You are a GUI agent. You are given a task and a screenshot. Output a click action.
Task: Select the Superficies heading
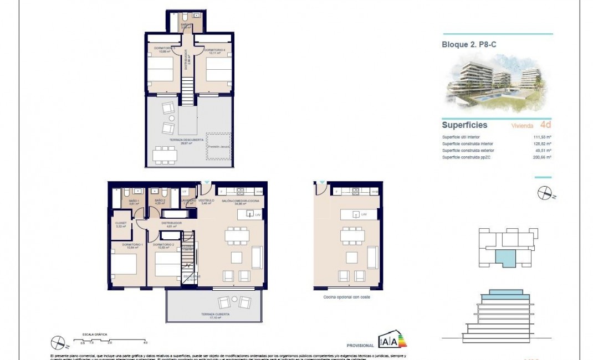(464, 125)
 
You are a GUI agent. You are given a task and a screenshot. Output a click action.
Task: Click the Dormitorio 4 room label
(214, 50)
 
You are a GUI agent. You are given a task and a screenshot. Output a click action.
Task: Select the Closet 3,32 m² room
(121, 225)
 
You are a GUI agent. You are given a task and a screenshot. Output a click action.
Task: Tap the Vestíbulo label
(206, 200)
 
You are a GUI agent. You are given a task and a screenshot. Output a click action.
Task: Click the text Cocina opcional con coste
(346, 297)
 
